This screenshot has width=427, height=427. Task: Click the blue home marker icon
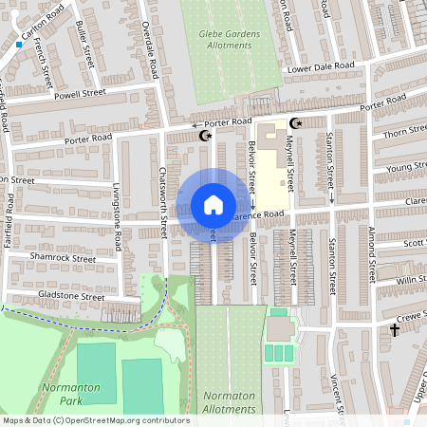click(213, 205)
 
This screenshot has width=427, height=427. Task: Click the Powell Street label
click(80, 94)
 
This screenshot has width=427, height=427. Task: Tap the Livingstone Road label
click(117, 215)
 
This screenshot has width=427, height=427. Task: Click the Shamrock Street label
click(63, 257)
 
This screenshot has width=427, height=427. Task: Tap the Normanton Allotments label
click(229, 402)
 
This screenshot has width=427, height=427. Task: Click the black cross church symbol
click(395, 330)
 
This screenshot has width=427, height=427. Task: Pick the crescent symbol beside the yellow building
click(295, 123)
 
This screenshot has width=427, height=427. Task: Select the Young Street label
click(409, 168)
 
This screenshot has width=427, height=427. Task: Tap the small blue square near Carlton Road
click(18, 44)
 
